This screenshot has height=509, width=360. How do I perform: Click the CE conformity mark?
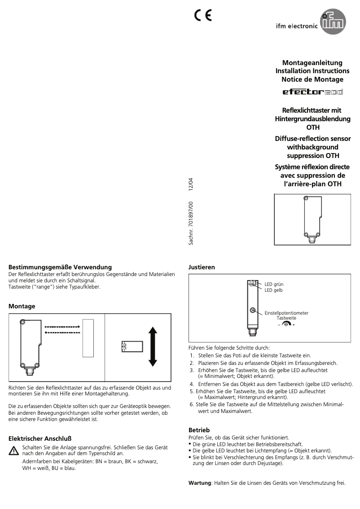coord(203,16)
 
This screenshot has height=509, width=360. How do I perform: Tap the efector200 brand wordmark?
coord(312,92)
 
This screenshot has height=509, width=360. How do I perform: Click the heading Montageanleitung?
coord(312,63)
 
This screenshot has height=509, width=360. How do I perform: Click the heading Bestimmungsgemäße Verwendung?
coord(60,267)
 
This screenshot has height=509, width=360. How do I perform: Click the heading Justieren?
coord(202,267)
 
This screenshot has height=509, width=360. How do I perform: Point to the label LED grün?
coord(274,285)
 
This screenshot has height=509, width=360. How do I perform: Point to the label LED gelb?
coord(273,290)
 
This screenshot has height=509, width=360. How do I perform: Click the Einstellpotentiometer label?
coord(286,313)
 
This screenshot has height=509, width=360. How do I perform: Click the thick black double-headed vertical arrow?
coord(153,347)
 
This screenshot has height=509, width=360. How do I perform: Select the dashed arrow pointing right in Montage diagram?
coord(62,327)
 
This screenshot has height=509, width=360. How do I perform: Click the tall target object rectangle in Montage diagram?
coord(88,338)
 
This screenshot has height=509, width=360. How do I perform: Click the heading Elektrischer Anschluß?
coord(40,439)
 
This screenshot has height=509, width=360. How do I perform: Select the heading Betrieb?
coord(199,430)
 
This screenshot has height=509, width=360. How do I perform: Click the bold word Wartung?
coord(199,483)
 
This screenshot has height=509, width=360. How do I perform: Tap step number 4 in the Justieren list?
coord(192,384)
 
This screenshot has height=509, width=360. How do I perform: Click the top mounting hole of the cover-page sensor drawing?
coord(306,199)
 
